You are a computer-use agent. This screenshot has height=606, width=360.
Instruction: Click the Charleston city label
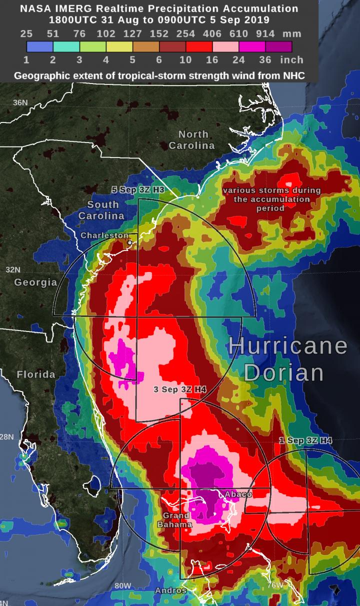104,235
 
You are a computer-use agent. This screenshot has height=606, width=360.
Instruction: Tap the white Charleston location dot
130,242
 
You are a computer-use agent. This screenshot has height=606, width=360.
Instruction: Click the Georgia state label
35,282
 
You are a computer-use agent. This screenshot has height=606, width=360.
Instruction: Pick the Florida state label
36,374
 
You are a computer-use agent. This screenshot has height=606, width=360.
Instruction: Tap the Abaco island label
238,494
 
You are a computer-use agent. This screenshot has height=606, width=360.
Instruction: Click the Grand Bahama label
174,520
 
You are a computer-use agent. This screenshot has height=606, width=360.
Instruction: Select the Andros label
170,590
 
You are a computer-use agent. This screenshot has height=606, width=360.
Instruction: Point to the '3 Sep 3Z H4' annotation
180,389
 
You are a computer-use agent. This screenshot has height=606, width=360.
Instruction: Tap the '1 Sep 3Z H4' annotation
305,440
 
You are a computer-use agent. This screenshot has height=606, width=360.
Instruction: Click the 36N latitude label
20,102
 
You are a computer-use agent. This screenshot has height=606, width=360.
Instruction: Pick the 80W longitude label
122,585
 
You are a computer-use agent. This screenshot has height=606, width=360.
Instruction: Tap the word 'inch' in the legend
291,59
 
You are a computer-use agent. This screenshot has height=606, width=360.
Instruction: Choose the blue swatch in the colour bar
39,46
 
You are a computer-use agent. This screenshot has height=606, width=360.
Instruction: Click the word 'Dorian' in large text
284,372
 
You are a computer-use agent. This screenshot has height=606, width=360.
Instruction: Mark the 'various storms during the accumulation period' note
271,199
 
